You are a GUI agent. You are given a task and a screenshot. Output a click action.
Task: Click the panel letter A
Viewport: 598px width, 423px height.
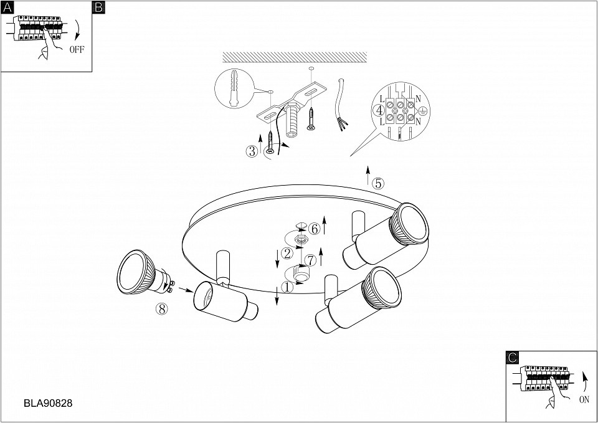pos(7,7)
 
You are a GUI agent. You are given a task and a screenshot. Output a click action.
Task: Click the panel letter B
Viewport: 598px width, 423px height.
pos(98,7)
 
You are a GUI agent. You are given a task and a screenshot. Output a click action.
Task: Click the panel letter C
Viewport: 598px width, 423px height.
pos(513,358)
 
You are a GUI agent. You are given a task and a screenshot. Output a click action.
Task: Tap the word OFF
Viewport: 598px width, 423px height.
pos(77,50)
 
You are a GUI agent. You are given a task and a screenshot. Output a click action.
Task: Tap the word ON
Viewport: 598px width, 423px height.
pos(584,400)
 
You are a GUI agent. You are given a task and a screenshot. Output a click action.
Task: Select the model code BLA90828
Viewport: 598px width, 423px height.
pos(48,403)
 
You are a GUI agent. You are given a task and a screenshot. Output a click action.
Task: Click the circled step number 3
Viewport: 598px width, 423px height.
pos(252,151)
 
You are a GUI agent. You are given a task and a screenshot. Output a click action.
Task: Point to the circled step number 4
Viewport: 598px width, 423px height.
pos(379,111)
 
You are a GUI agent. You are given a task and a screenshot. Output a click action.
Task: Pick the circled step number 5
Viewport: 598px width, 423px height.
pos(378,183)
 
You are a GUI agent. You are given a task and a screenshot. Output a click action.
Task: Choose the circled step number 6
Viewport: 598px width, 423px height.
pos(314,229)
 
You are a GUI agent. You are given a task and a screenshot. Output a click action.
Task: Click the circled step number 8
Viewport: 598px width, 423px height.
pos(162,308)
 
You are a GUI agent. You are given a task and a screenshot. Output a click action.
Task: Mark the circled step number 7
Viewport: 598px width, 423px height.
pos(311,261)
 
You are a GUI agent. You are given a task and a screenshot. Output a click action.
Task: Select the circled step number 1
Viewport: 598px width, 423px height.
pos(287,287)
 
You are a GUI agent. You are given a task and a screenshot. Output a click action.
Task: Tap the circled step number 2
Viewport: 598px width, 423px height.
pos(287,254)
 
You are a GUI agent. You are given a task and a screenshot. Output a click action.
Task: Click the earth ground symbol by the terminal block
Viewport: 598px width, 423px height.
pos(422,111)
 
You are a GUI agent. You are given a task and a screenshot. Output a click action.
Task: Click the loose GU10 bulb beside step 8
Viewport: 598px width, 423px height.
pos(144,273)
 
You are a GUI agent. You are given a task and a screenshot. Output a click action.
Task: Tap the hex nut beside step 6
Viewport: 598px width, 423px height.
pos(302,240)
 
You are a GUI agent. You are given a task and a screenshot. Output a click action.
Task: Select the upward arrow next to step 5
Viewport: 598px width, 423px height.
pos(368,175)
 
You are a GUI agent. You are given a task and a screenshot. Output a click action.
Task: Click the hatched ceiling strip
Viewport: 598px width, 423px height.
pos(295,57)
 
